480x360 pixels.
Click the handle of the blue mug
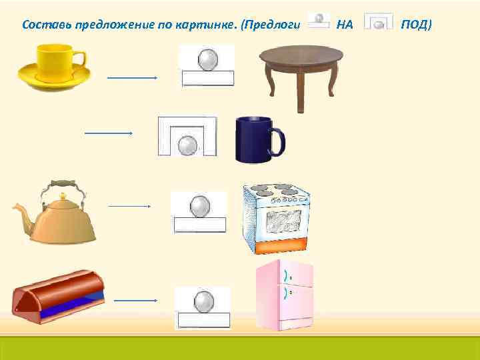(x=278, y=142)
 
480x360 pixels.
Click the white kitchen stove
(x=277, y=217)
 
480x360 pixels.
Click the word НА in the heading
(x=345, y=25)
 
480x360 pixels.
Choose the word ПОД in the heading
(x=416, y=25)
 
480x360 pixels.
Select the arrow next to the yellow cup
(x=131, y=77)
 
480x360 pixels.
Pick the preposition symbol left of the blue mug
(x=187, y=137)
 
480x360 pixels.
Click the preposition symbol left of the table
(x=208, y=66)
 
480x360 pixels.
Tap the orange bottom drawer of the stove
(x=279, y=246)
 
